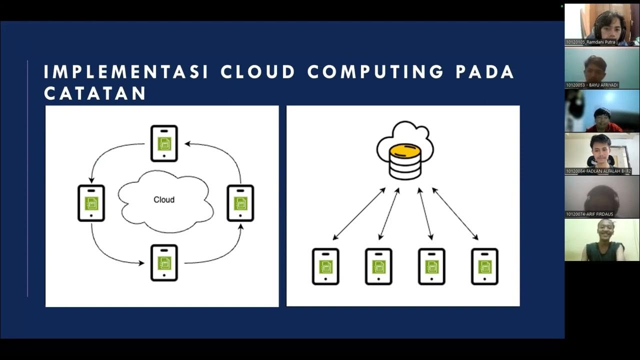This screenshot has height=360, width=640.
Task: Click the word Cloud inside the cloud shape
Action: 163,199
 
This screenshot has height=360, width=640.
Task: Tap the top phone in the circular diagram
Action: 164,143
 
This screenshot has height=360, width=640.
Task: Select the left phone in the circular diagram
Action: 91,203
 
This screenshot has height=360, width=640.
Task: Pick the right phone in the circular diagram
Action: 240,203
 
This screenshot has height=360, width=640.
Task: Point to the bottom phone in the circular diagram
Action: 164,262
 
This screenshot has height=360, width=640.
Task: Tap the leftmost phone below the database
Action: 325,266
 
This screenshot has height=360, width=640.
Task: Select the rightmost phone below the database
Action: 484,266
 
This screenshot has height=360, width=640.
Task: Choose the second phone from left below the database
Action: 378,266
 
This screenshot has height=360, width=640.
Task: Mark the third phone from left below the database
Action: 431,266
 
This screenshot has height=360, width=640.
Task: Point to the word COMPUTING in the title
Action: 375,72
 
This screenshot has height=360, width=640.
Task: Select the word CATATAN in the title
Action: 95,93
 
